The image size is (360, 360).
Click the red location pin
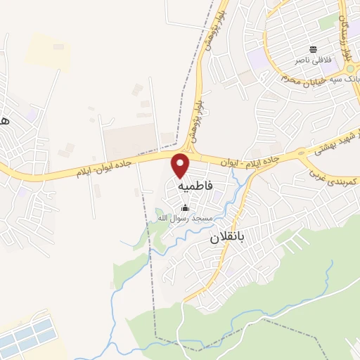pos(181,165)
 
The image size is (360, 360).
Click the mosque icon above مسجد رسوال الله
pos(186,207)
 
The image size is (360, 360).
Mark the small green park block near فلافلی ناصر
pos(328,22)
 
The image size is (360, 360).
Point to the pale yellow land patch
pos(48,51)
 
